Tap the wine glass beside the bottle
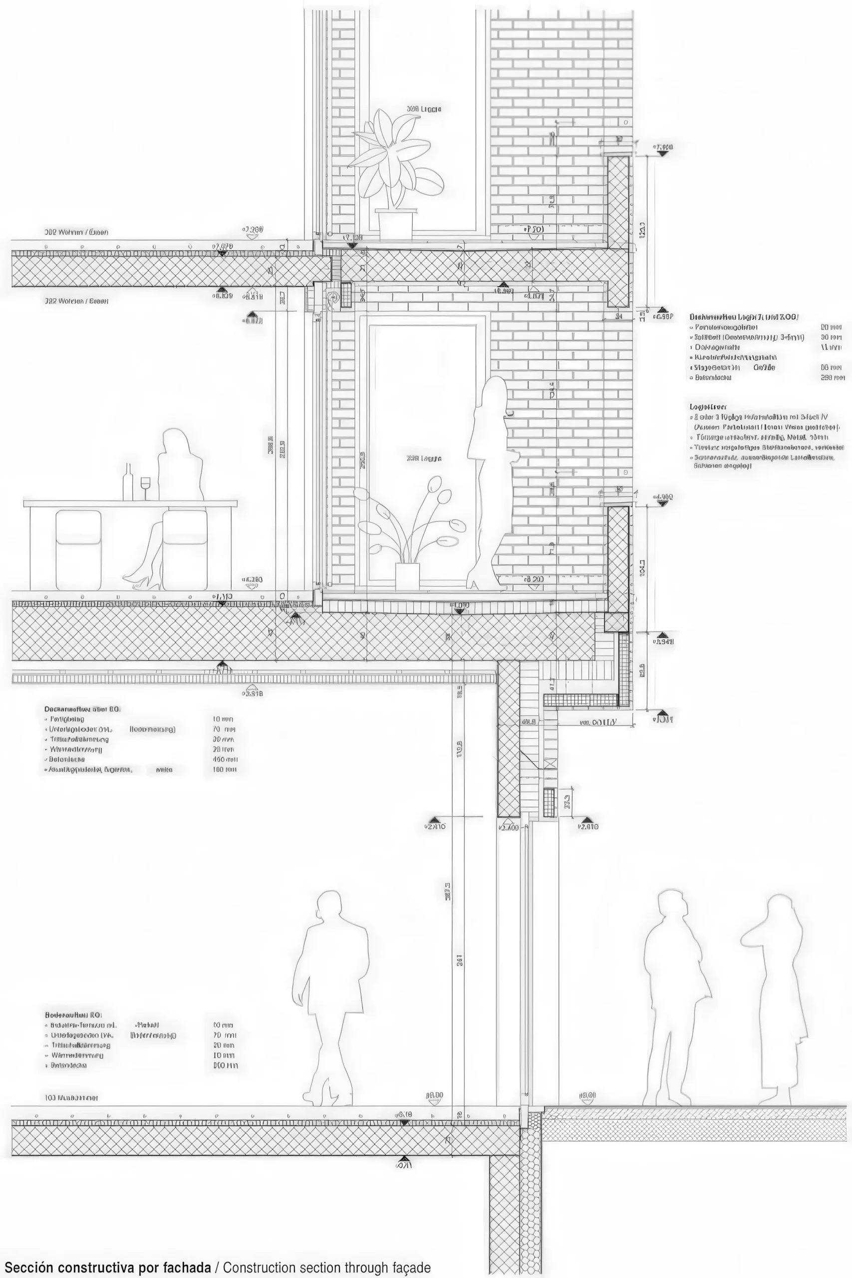coord(145,486)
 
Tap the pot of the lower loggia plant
coord(407,576)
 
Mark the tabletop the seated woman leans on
coord(130,504)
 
